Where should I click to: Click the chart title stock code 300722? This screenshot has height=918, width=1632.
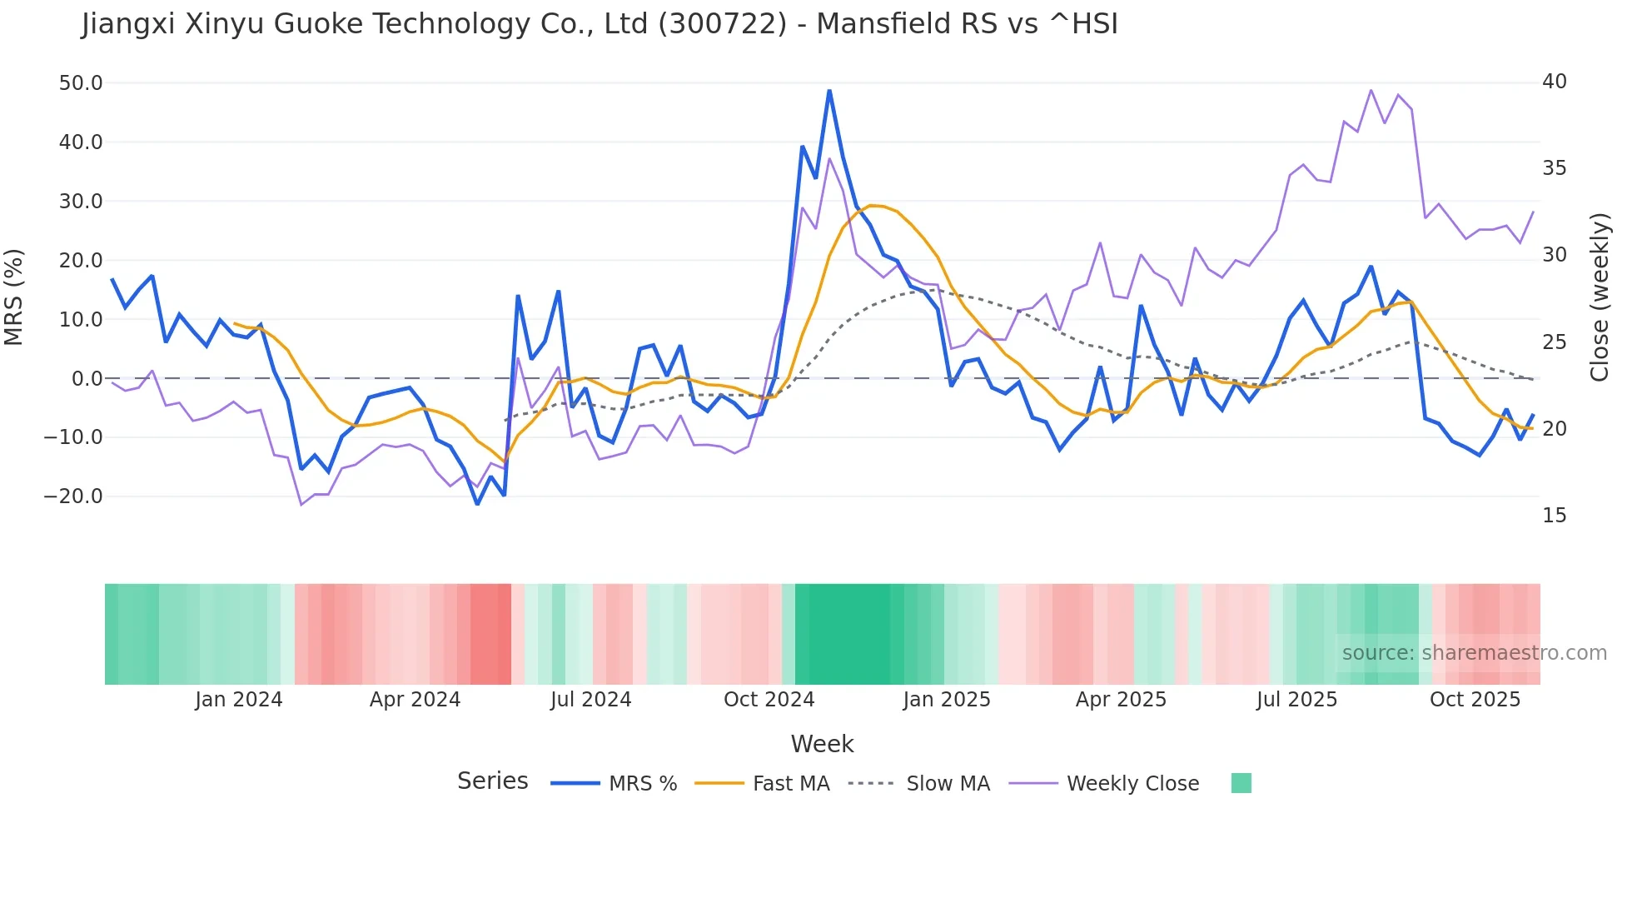[722, 24]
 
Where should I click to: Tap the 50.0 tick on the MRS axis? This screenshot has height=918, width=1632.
[81, 83]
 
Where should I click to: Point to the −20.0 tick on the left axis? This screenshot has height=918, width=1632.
[73, 496]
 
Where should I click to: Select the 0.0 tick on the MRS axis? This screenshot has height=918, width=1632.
[87, 379]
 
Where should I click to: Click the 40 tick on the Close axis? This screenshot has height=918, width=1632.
[1554, 82]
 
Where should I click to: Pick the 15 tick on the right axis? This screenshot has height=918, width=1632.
[1554, 516]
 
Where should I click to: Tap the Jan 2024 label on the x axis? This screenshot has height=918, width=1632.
[239, 700]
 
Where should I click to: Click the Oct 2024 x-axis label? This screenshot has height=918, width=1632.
[769, 700]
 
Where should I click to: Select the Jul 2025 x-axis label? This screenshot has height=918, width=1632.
[1296, 700]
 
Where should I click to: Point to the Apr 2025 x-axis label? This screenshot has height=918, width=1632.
[1121, 700]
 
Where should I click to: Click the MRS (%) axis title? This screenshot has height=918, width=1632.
[14, 297]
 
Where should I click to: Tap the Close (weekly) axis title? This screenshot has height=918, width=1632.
[1599, 297]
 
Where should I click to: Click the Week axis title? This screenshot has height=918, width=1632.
[822, 744]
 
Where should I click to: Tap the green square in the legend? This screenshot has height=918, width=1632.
[1241, 783]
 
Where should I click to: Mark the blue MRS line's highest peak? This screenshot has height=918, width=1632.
[829, 91]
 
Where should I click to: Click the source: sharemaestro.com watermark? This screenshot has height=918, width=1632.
[1474, 653]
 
